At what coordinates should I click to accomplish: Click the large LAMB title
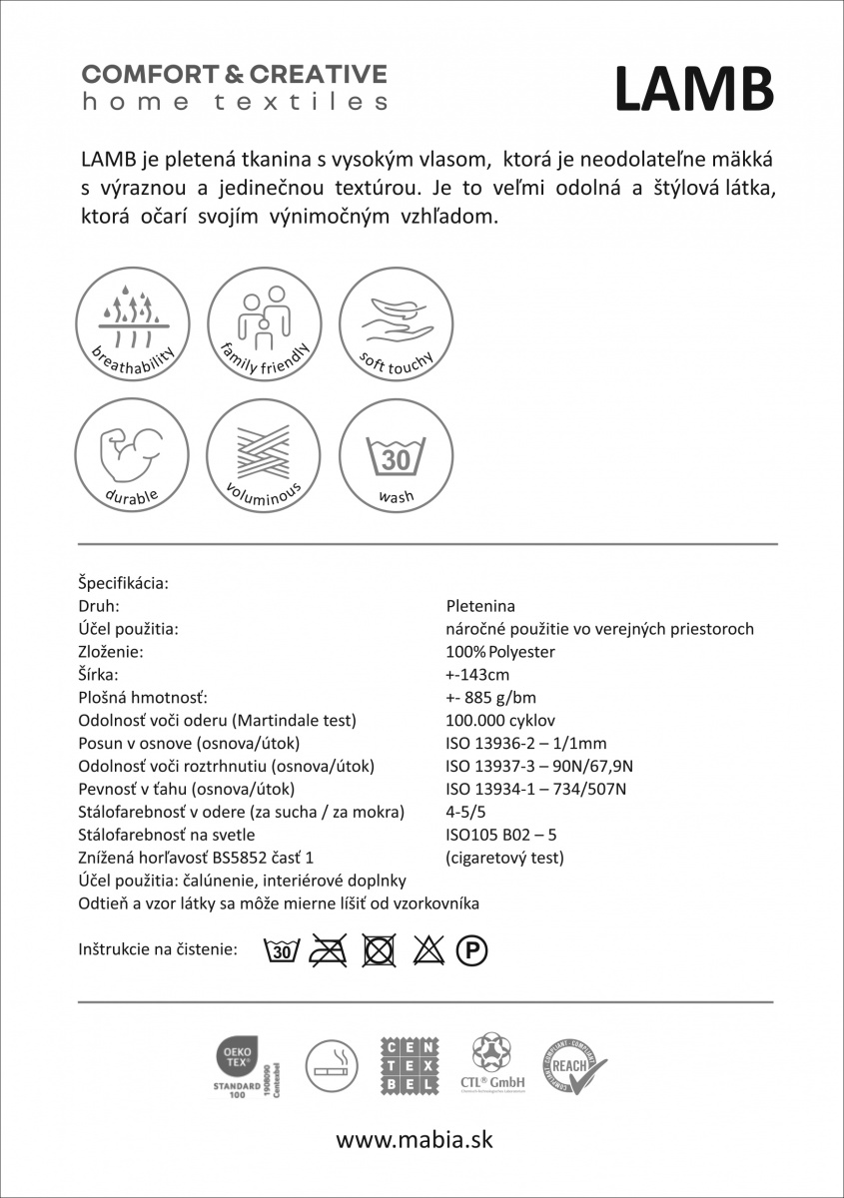[x=694, y=89]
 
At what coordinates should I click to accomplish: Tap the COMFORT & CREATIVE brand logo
[x=234, y=87]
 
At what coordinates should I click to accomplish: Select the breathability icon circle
[x=133, y=319]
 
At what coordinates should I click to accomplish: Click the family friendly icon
[x=264, y=319]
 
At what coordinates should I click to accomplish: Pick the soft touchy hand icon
[x=396, y=319]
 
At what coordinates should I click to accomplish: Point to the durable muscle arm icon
[x=133, y=452]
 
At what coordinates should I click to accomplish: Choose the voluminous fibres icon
[x=264, y=452]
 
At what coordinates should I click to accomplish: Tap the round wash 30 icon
[x=396, y=452]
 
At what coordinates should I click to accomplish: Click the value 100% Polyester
[x=500, y=652]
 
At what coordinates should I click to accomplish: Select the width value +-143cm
[x=480, y=675]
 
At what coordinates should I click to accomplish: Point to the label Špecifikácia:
[x=123, y=582]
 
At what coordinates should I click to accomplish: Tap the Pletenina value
[x=481, y=605]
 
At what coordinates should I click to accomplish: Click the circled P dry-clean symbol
[x=471, y=951]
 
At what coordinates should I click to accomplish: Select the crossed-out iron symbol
[x=328, y=951]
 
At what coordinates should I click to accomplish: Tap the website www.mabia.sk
[x=414, y=1139]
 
